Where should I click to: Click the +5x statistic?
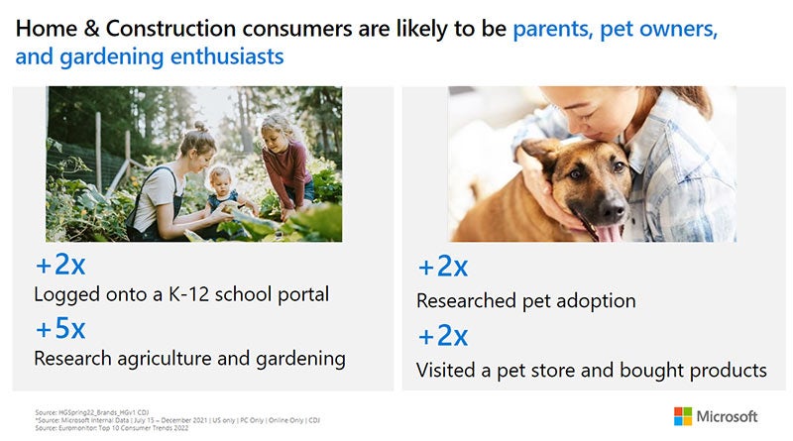tap(60, 328)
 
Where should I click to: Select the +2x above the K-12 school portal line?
tap(60, 266)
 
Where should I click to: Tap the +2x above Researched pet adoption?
tap(442, 267)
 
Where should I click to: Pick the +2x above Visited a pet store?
tap(442, 336)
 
